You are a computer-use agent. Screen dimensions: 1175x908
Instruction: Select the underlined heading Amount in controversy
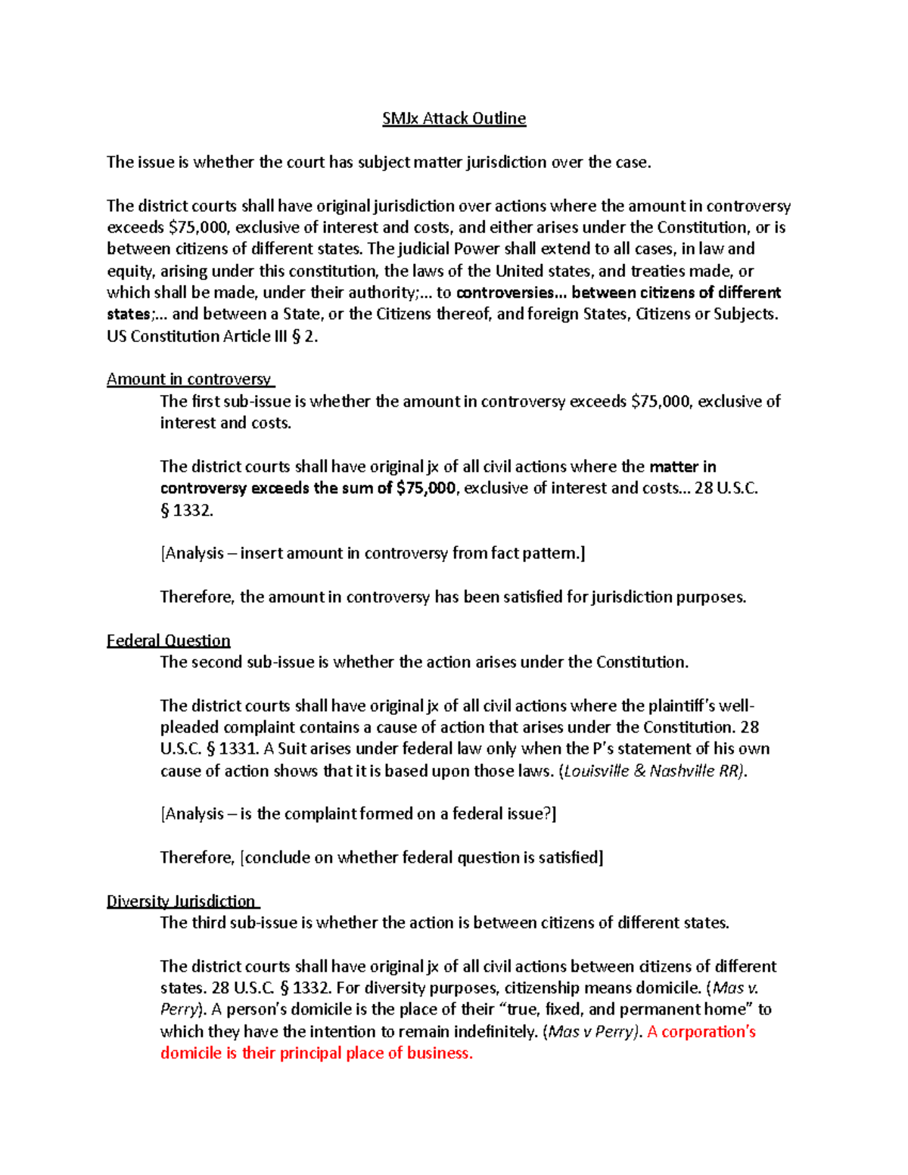[x=189, y=379]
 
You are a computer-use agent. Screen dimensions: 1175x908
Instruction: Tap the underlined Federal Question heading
[x=168, y=640]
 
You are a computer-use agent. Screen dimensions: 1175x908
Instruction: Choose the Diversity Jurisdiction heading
[x=182, y=901]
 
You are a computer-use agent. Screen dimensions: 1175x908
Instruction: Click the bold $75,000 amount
[x=426, y=488]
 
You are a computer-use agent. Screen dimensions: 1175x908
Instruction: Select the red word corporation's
[x=708, y=1031]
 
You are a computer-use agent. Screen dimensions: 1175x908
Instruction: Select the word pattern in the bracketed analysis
[x=549, y=553]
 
